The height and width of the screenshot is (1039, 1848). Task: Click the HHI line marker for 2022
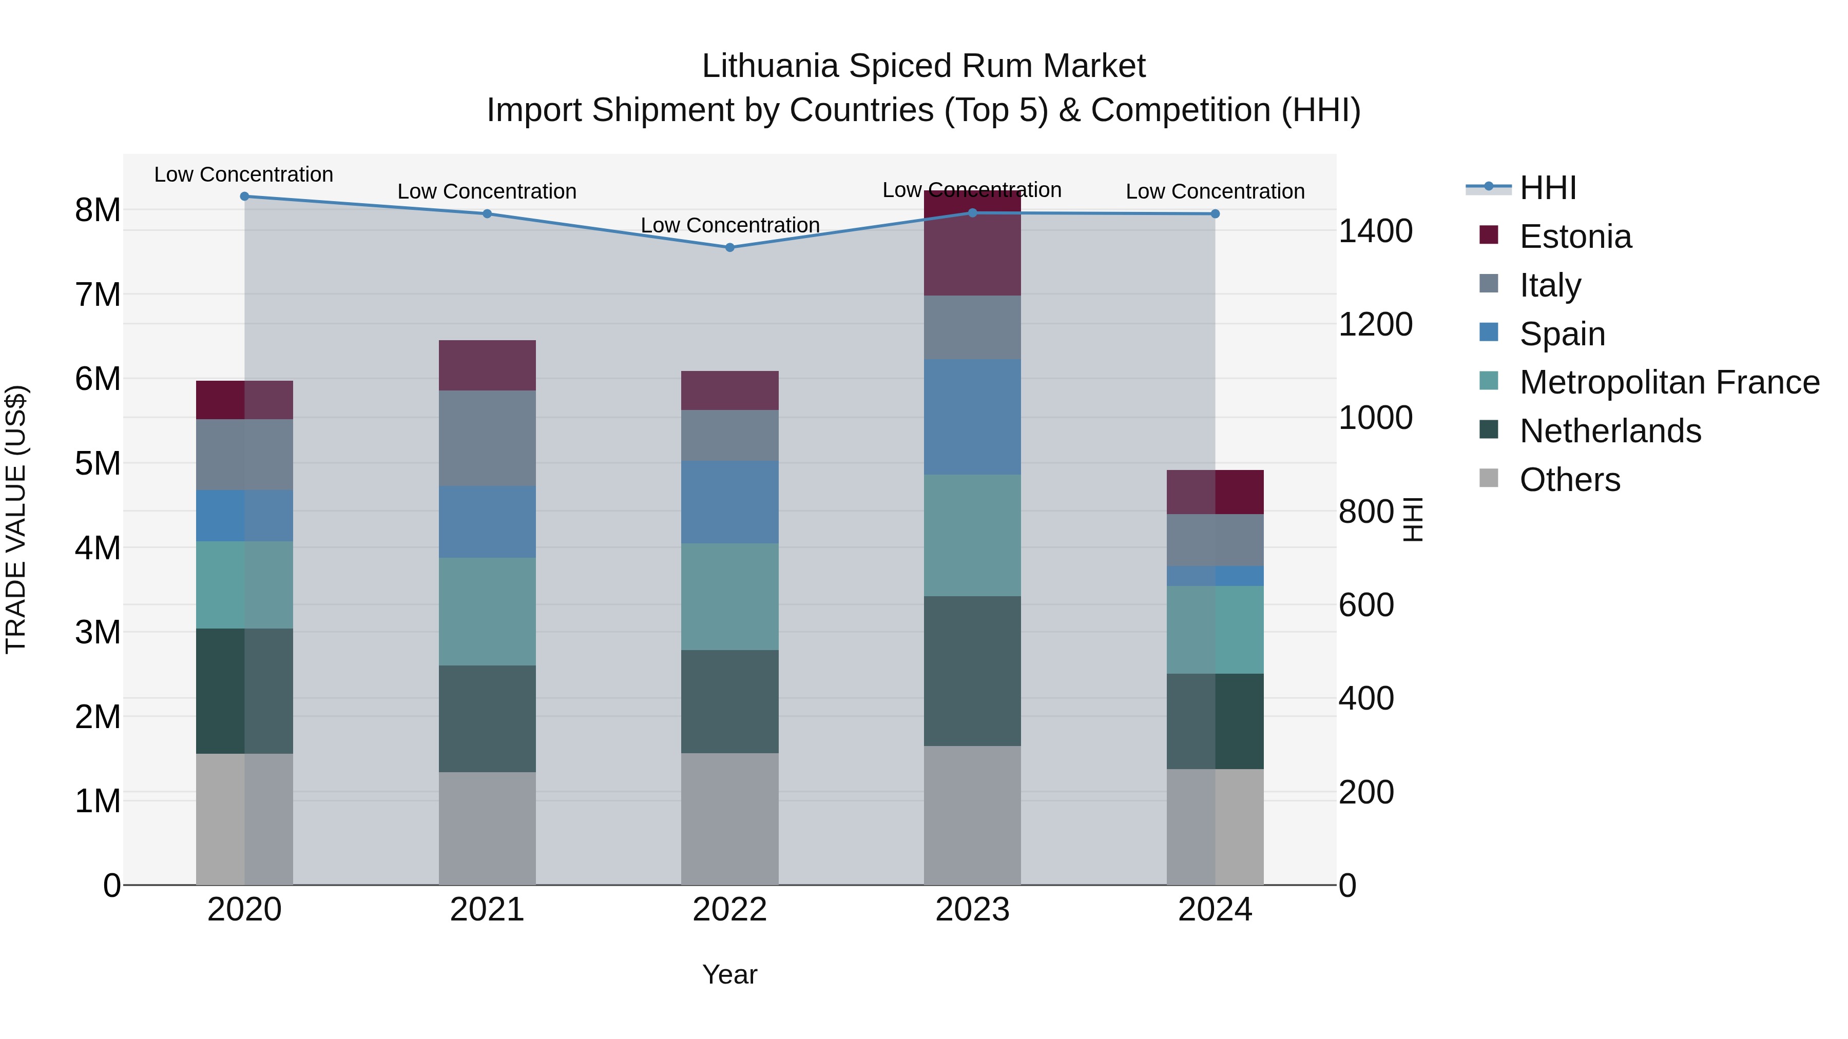click(x=729, y=247)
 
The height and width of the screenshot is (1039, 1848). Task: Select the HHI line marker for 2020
click(x=245, y=197)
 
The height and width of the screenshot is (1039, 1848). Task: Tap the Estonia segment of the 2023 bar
click(x=972, y=244)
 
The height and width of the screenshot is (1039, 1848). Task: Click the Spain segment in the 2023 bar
click(x=972, y=417)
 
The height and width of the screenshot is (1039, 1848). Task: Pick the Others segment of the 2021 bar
click(x=487, y=828)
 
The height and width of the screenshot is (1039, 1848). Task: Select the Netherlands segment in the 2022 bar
click(x=729, y=701)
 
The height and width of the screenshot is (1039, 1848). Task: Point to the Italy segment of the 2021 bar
click(x=487, y=438)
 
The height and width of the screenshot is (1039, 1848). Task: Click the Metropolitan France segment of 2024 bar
click(x=1215, y=630)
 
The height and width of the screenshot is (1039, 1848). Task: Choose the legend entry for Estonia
click(x=1575, y=237)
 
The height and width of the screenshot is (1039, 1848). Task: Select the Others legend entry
click(x=1569, y=480)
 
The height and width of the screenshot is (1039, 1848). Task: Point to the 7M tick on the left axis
click(x=98, y=295)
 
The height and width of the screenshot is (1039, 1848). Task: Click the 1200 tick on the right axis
click(x=1375, y=324)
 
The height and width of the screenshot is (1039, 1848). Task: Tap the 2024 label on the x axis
click(x=1215, y=910)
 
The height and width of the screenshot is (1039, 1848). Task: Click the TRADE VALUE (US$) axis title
click(x=16, y=519)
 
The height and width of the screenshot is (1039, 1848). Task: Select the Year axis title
click(x=729, y=974)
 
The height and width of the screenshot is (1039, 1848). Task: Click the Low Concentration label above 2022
click(x=729, y=225)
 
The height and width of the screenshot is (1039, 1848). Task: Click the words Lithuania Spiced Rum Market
click(x=923, y=66)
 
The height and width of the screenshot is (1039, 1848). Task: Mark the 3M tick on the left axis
click(x=98, y=633)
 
